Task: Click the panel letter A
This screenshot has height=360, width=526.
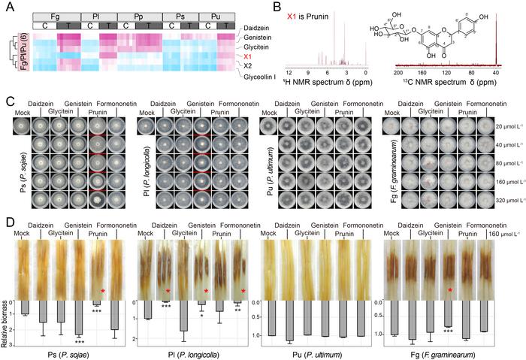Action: (x=7, y=7)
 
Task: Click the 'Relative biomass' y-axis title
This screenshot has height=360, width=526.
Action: (x=7, y=323)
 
